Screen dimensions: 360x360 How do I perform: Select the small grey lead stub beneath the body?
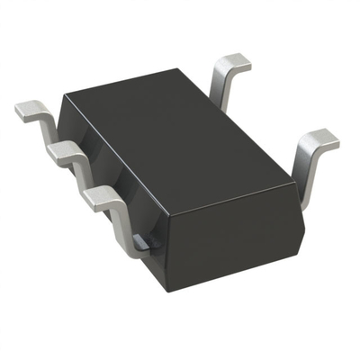pyautogui.click(x=140, y=240)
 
